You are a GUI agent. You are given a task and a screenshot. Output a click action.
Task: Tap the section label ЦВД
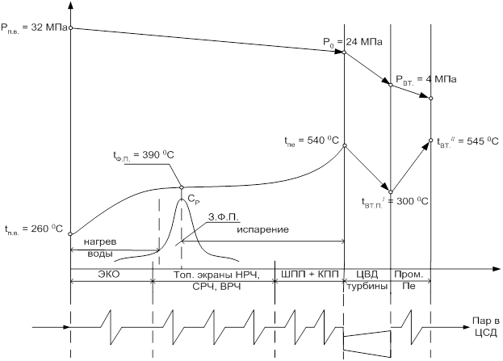[x=367, y=275]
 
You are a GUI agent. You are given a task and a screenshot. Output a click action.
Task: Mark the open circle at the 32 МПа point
[x=71, y=28]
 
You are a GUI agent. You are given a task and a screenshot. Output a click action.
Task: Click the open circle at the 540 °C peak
[x=345, y=146]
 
